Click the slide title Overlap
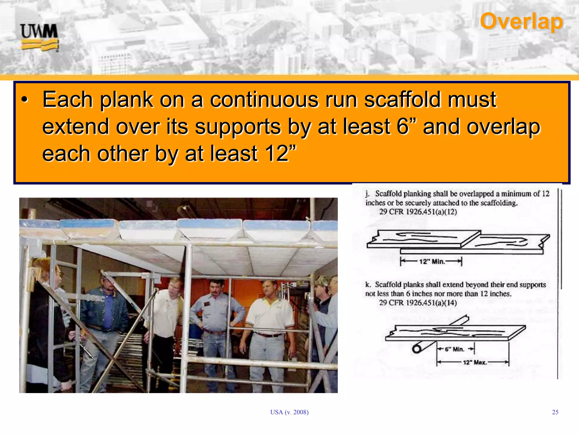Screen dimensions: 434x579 tap(521, 21)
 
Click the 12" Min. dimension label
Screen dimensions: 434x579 tap(432, 262)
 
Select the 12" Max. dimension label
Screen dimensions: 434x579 tap(475, 363)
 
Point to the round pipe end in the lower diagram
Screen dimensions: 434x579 tap(417, 349)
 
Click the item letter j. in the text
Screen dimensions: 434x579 tap(367, 194)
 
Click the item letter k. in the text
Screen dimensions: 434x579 tap(368, 285)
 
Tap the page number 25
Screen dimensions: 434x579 tap(555, 412)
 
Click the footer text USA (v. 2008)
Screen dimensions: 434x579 tap(289, 412)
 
